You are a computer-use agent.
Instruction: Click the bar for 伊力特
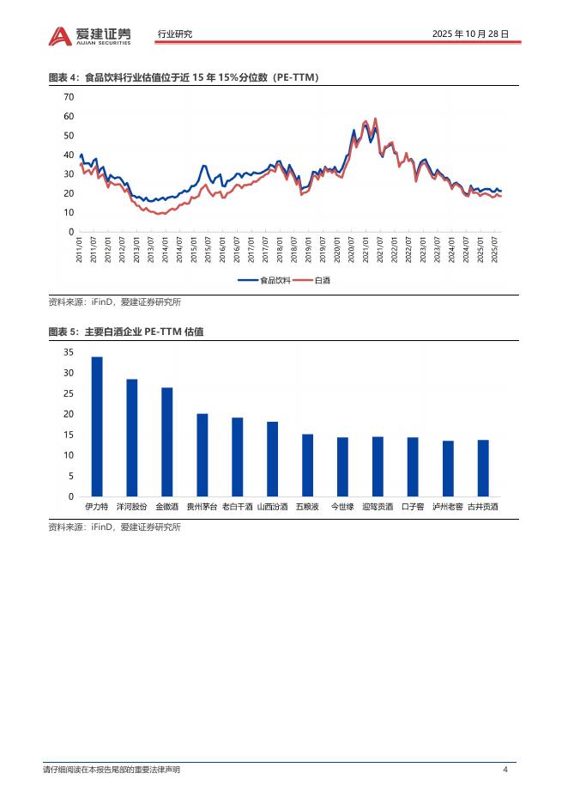(97, 427)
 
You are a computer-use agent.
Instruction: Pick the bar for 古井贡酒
(483, 468)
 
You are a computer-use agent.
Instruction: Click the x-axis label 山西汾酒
(272, 507)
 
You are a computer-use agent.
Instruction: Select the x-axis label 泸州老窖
(448, 507)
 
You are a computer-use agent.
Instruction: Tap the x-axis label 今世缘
(342, 507)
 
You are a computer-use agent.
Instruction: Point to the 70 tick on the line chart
(69, 97)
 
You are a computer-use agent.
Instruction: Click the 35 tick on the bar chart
(69, 353)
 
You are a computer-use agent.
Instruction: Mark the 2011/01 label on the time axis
(80, 250)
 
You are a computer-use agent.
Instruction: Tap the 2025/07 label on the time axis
(495, 250)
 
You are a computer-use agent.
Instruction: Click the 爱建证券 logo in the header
(90, 34)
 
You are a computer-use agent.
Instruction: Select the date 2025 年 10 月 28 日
(472, 34)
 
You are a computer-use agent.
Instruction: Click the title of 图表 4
(184, 78)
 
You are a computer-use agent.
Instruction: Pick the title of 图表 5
(131, 332)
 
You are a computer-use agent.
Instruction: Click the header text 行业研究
(175, 34)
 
